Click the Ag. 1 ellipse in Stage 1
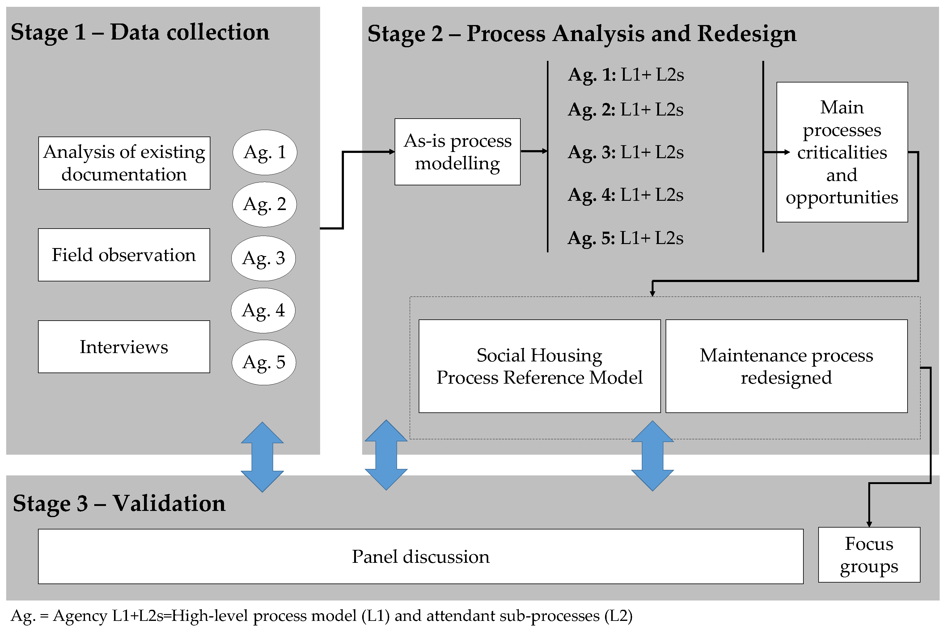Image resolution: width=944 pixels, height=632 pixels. point(265,152)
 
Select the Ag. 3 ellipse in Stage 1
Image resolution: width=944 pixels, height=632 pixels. point(263,258)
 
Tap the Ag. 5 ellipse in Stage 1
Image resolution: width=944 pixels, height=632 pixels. point(264,362)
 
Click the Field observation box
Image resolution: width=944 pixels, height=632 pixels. point(124,255)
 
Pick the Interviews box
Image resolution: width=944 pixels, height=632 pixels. point(124,347)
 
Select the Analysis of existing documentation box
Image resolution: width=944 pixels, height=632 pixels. point(124,163)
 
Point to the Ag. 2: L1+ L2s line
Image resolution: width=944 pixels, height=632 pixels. point(625,110)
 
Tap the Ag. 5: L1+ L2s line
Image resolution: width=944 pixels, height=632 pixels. point(625,238)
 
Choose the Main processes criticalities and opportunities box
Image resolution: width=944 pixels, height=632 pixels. point(842,152)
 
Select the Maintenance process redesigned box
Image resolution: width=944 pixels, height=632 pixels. point(786,366)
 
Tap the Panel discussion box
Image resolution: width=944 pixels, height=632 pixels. point(421,556)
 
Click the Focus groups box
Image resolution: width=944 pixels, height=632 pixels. point(869,554)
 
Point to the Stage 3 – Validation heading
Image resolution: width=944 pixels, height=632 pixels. point(119,503)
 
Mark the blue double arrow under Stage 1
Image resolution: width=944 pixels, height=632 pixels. point(262,457)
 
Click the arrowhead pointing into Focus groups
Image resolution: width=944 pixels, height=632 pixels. point(869,524)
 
